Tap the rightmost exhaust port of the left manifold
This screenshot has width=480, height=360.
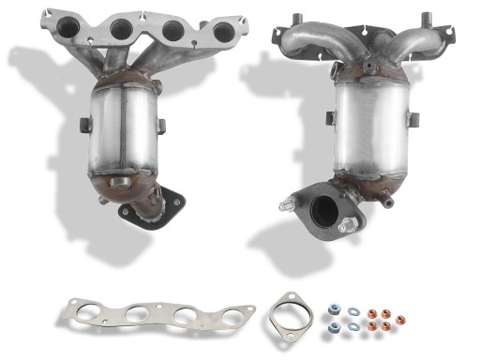click(x=223, y=32)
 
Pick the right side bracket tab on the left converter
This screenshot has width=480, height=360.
click(x=161, y=125)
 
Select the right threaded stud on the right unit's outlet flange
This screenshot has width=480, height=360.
click(x=349, y=225)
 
